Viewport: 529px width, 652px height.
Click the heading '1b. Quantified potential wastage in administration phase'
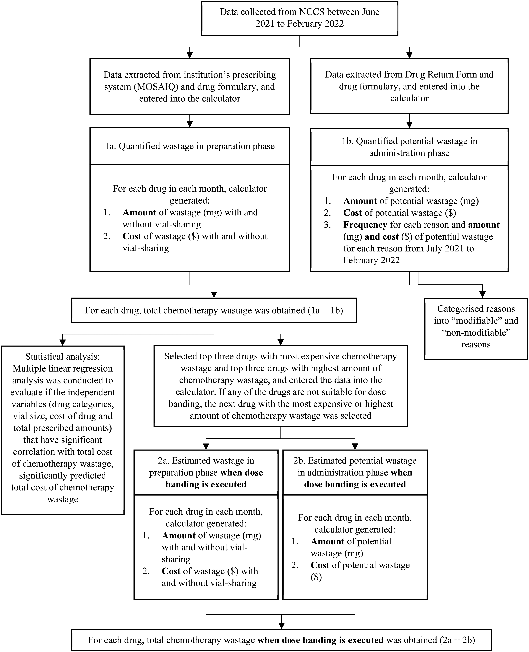click(409, 147)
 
